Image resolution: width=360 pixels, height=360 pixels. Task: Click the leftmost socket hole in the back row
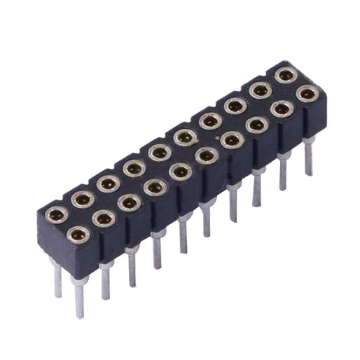pyautogui.click(x=56, y=214)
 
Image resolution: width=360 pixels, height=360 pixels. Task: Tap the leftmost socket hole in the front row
pyautogui.click(x=78, y=235)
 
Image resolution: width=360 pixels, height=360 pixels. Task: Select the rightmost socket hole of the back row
pyautogui.click(x=285, y=74)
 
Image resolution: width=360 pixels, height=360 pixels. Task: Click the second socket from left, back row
pyautogui.click(x=83, y=198)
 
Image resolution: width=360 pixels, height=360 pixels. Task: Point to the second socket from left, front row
pyautogui.click(x=104, y=219)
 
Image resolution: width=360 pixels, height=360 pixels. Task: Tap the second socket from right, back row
pyautogui.click(x=260, y=90)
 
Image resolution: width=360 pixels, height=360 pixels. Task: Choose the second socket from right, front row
pyautogui.click(x=282, y=109)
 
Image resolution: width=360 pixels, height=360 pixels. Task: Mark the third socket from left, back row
pyautogui.click(x=108, y=183)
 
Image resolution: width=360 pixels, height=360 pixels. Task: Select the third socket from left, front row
pyautogui.click(x=130, y=202)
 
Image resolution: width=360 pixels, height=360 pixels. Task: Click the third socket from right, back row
pyautogui.click(x=235, y=105)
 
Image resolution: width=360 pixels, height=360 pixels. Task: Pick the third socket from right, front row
pyautogui.click(x=256, y=125)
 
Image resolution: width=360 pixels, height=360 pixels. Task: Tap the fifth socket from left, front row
pyautogui.click(x=181, y=170)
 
